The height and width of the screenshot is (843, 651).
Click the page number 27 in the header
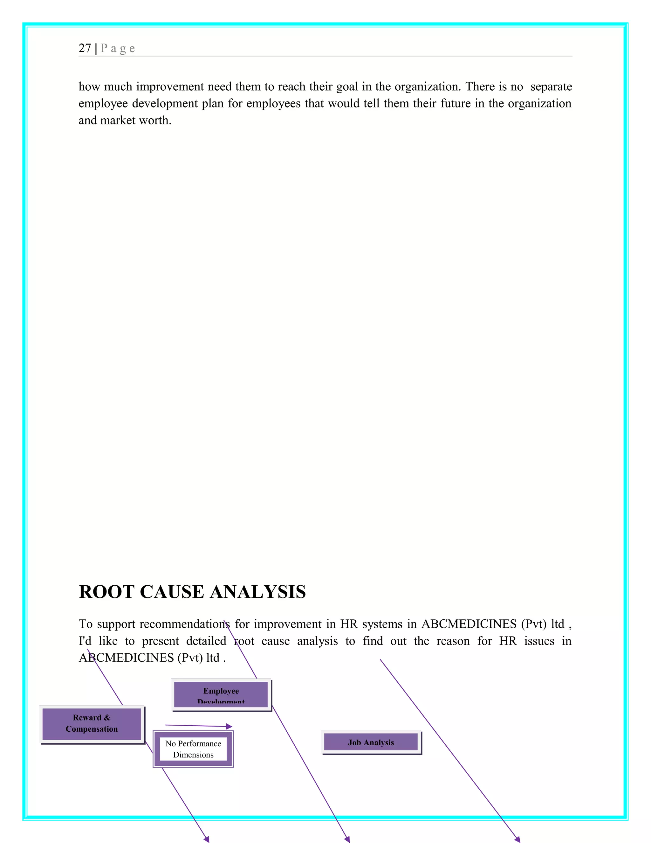[85, 48]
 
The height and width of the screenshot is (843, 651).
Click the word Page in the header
[118, 48]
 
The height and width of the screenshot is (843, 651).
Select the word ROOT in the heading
[106, 592]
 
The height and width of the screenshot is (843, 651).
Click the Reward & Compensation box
[92, 724]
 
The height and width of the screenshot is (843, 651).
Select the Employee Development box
[221, 694]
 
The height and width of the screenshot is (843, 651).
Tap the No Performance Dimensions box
[193, 749]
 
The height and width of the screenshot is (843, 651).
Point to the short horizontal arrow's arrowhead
[230, 727]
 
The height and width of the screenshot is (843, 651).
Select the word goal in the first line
[347, 87]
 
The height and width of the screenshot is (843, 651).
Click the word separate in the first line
[551, 87]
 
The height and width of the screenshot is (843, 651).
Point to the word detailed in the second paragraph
[206, 641]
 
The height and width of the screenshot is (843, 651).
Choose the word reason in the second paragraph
[453, 641]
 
